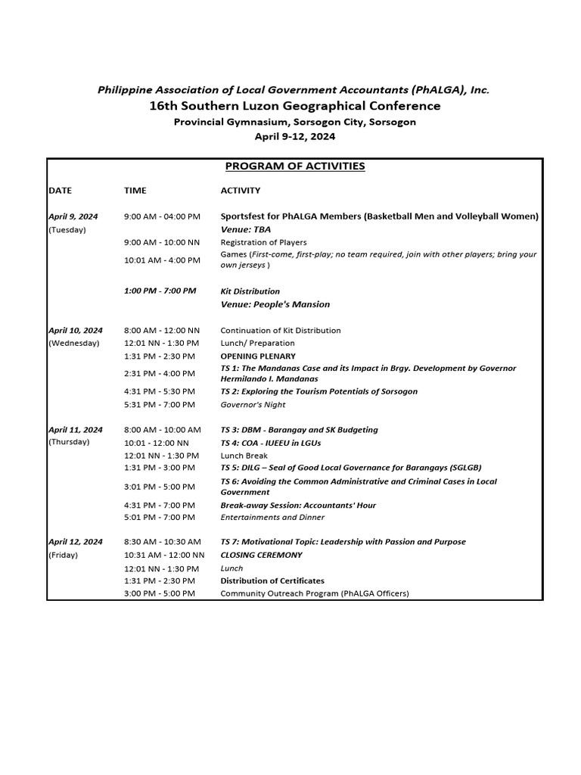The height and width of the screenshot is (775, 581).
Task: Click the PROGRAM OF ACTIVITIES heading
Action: click(295, 167)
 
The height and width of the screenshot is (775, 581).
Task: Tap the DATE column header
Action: click(60, 191)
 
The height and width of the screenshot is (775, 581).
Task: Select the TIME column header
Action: click(135, 191)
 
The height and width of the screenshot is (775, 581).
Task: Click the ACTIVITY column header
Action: click(240, 191)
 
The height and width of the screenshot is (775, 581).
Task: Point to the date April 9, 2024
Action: click(73, 216)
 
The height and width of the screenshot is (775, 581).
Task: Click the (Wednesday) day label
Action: click(73, 343)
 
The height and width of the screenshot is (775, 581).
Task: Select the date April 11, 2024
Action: click(76, 430)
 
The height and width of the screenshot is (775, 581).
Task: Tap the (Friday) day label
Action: click(64, 555)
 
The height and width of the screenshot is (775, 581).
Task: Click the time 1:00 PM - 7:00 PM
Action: click(160, 291)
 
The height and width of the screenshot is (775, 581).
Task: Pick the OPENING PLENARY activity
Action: click(258, 356)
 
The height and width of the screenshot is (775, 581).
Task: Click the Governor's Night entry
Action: click(253, 405)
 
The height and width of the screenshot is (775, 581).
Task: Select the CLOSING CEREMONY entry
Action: click(261, 555)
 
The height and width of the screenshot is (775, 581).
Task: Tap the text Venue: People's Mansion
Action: click(275, 304)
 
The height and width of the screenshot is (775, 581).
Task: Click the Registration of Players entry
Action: click(263, 243)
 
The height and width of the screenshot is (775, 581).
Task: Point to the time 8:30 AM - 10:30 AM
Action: click(163, 542)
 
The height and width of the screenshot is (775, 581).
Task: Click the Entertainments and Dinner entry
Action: click(272, 518)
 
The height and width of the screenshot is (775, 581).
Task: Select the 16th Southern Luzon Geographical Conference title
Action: click(294, 106)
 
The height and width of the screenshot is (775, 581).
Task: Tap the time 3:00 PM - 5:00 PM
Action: click(160, 593)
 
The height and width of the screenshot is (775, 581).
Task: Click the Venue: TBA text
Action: click(245, 229)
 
